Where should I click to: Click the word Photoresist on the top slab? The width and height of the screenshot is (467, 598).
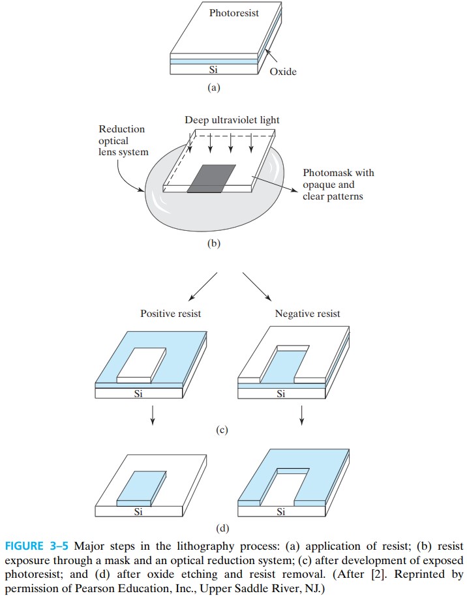coord(234,13)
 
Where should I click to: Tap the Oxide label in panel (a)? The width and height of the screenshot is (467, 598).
coord(282,72)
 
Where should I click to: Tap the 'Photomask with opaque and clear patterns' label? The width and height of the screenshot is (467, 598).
coord(339,185)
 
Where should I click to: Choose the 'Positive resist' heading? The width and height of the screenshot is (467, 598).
coord(171,314)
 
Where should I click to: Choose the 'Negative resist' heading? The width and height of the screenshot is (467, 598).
coord(307,314)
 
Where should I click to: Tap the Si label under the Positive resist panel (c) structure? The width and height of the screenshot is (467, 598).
coord(138,393)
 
